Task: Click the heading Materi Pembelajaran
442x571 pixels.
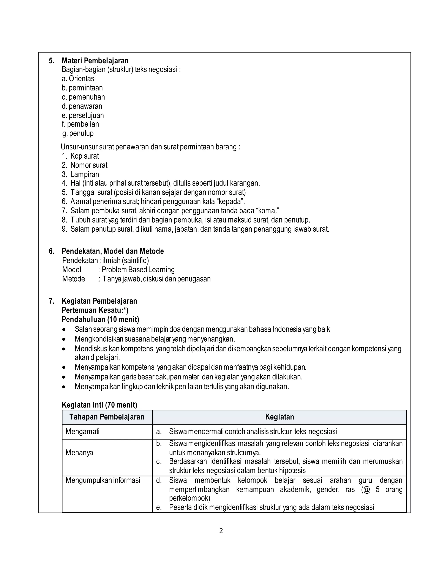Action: click(x=95, y=61)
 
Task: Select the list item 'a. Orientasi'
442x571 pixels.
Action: click(x=79, y=78)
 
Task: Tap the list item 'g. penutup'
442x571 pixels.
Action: click(x=78, y=133)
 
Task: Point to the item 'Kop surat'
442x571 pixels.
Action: click(x=85, y=156)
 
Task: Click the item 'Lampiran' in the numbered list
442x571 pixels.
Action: click(x=85, y=174)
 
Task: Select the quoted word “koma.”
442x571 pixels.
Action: click(x=267, y=211)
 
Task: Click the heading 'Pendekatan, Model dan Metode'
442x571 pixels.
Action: click(x=113, y=251)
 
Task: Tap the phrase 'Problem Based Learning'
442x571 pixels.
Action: click(x=138, y=270)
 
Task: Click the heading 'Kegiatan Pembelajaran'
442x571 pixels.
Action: click(x=99, y=301)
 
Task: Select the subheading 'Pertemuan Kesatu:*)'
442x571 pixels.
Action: click(x=95, y=310)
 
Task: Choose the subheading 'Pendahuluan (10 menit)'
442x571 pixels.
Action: click(x=100, y=319)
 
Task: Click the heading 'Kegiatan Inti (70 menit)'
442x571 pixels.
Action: click(x=99, y=405)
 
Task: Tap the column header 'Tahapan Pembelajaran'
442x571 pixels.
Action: click(x=107, y=417)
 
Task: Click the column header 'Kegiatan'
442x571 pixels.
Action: click(x=279, y=417)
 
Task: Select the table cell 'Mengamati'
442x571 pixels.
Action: click(x=82, y=431)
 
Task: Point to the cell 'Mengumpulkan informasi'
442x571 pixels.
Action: click(x=103, y=480)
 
